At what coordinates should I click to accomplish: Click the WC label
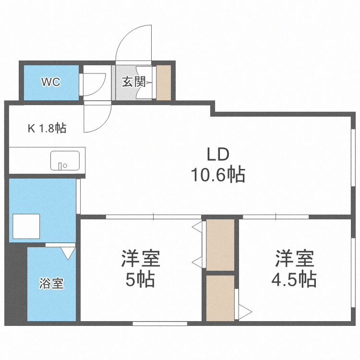[50, 82]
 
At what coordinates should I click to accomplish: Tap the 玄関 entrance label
[133, 82]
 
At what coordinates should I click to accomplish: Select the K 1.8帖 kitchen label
[47, 128]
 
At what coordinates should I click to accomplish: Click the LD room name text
[218, 155]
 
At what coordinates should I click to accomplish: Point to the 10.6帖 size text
[218, 175]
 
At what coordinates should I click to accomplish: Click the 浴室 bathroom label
[51, 283]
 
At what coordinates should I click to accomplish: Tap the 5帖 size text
[140, 278]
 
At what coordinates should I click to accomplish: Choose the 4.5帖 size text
[295, 278]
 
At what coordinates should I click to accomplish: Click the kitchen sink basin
[65, 160]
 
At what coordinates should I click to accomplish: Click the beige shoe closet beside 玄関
[164, 83]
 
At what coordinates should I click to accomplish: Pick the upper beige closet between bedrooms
[220, 244]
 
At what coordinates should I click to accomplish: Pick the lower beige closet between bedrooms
[220, 298]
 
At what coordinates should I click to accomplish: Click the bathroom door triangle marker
[68, 252]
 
